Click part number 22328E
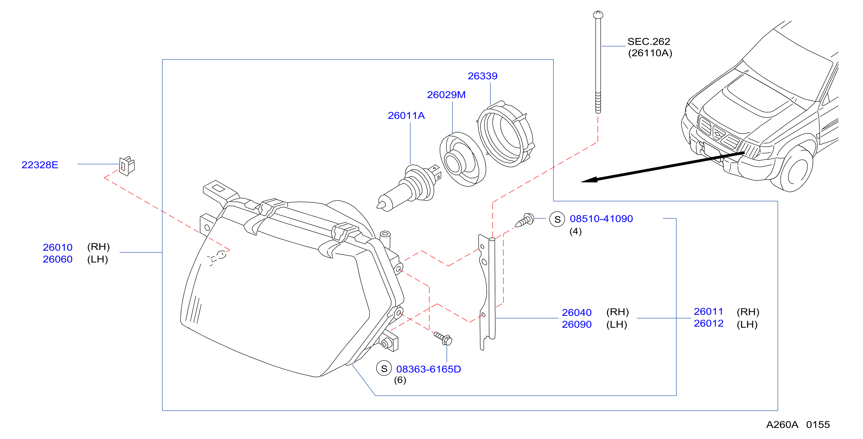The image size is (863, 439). coord(40,165)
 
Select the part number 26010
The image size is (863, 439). coord(58,247)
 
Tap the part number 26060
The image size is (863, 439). coord(58,259)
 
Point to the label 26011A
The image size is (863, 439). coord(406,116)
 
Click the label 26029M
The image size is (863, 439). coord(446,95)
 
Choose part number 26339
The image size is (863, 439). coord(482,76)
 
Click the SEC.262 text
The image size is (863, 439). coord(649,41)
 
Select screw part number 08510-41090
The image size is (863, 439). coord(601,219)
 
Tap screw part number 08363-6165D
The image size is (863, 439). coord(428,369)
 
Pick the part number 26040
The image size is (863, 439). coord(577,312)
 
